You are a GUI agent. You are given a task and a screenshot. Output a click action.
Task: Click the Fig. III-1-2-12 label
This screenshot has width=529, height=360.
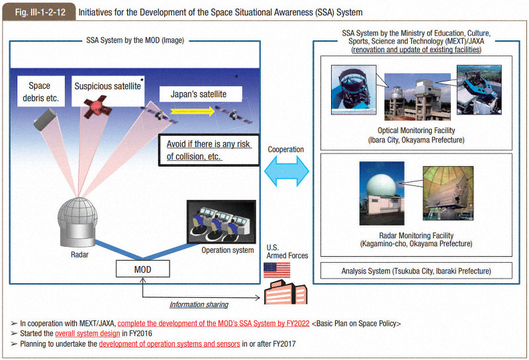tap(36, 12)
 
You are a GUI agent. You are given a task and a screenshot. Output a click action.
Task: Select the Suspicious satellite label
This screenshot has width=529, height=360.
tap(107, 85)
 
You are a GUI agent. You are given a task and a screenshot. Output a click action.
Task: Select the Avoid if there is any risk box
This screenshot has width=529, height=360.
tap(208, 150)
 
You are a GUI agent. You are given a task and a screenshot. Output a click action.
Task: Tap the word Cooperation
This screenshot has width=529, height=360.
tap(286, 150)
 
